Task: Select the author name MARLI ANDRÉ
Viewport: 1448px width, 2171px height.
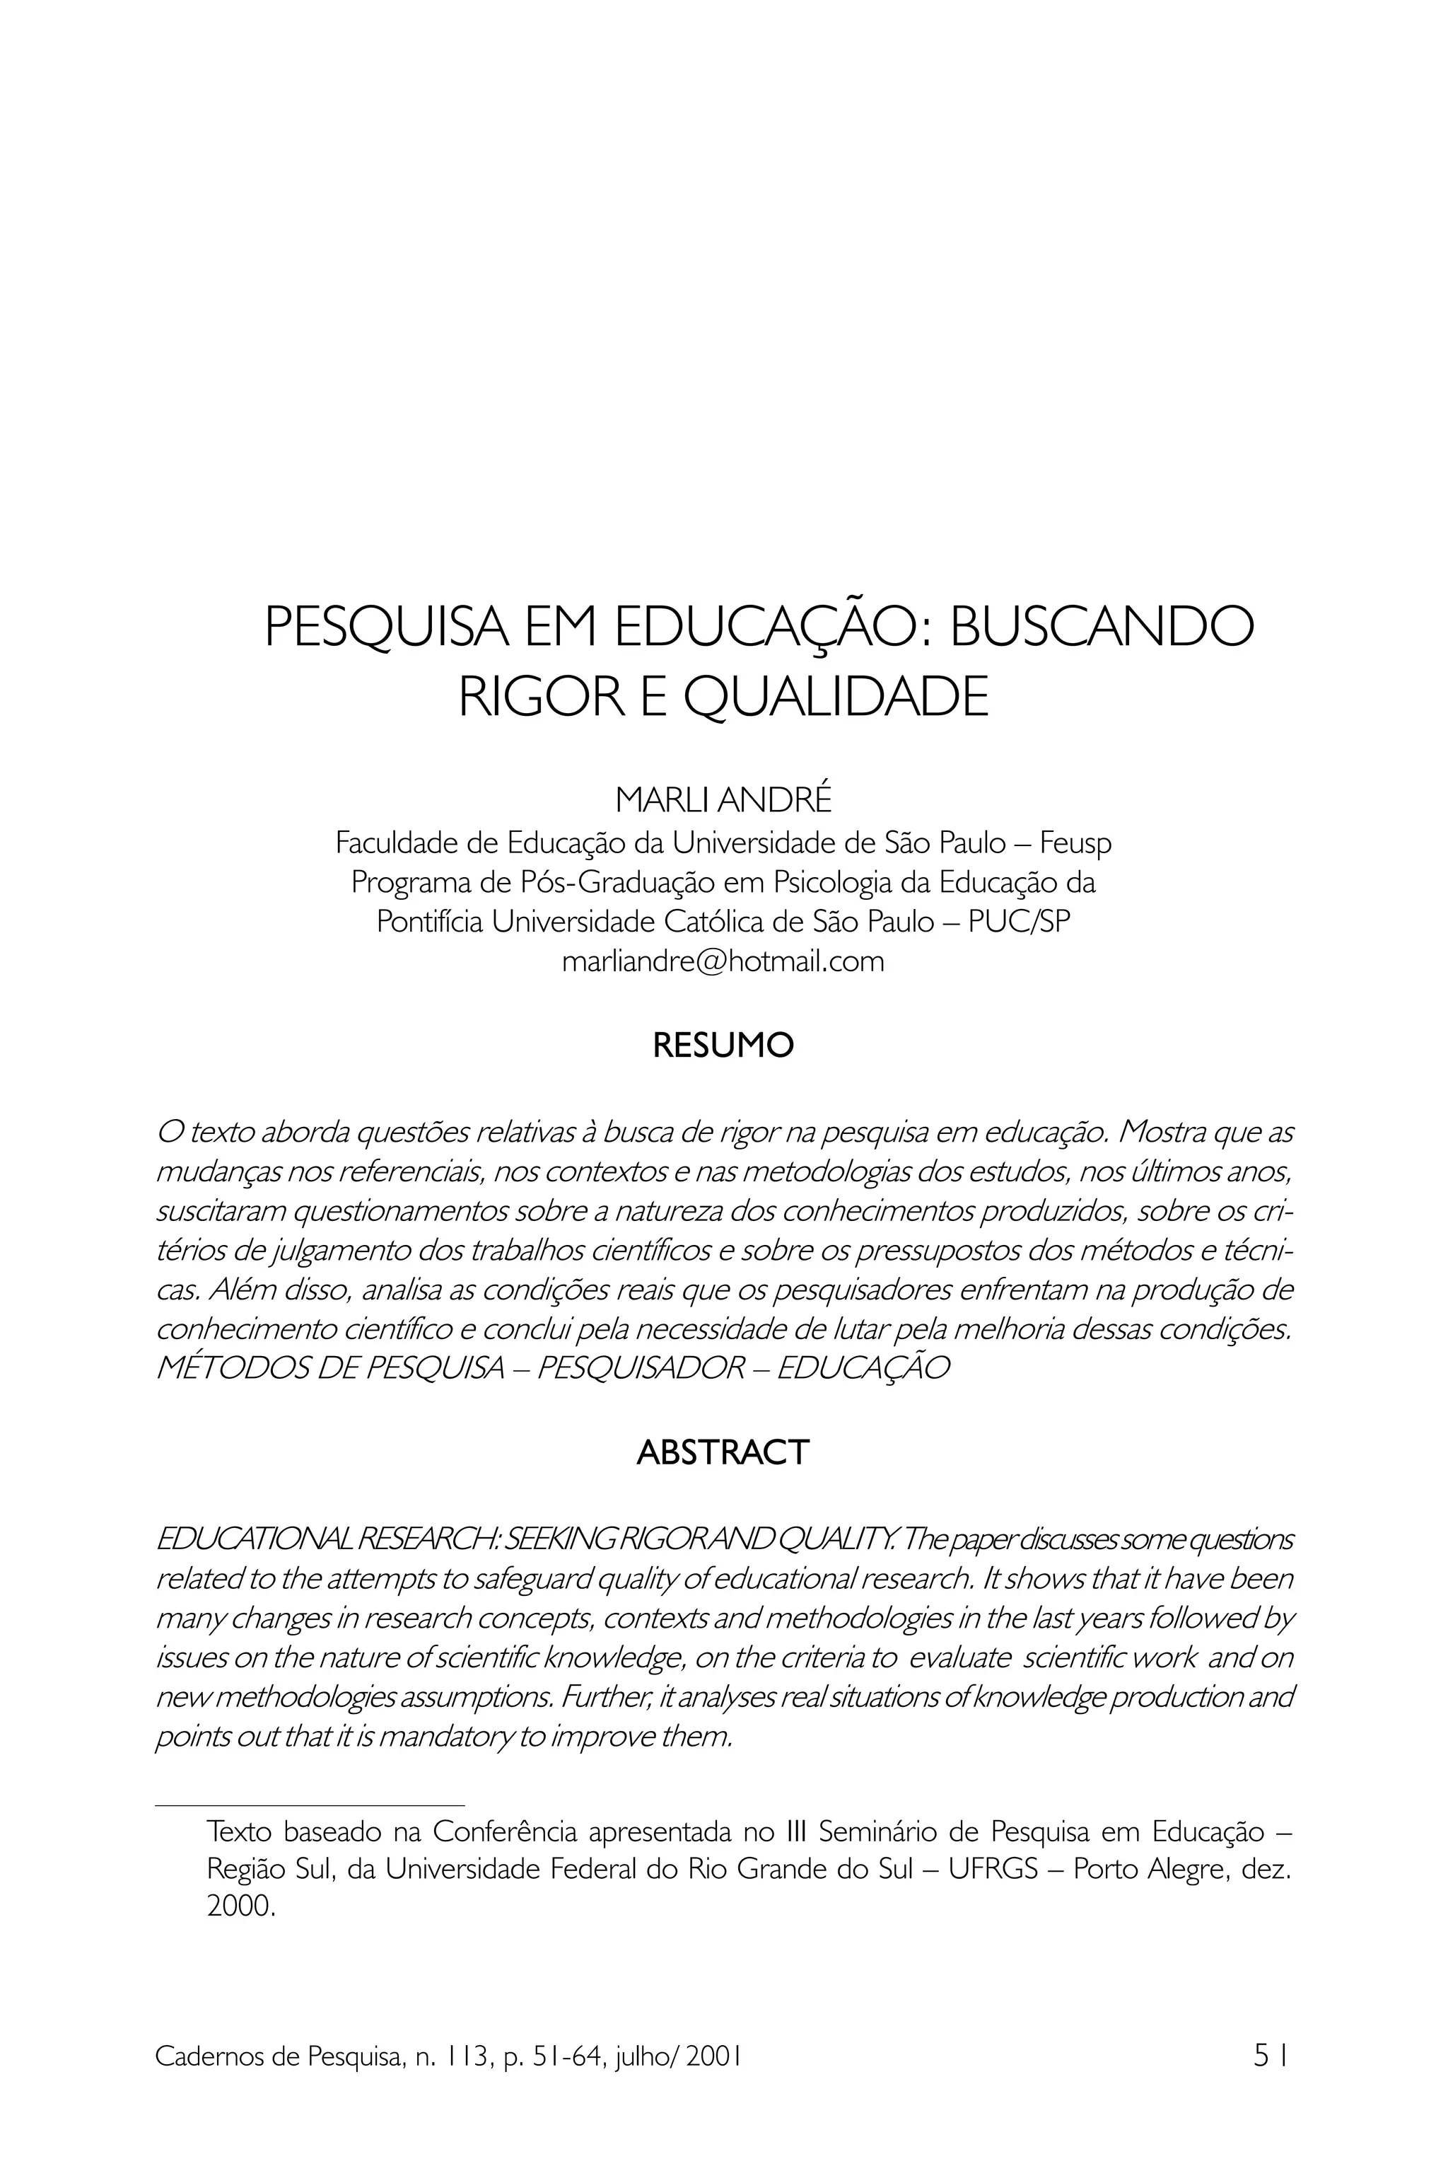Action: pos(723,800)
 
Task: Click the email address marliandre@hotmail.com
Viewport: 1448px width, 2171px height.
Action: pos(723,962)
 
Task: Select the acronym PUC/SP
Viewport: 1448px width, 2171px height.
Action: pos(1020,922)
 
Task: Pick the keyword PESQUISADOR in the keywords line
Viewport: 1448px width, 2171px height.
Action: pos(641,1369)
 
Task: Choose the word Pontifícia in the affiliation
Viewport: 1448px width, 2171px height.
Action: pos(429,922)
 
